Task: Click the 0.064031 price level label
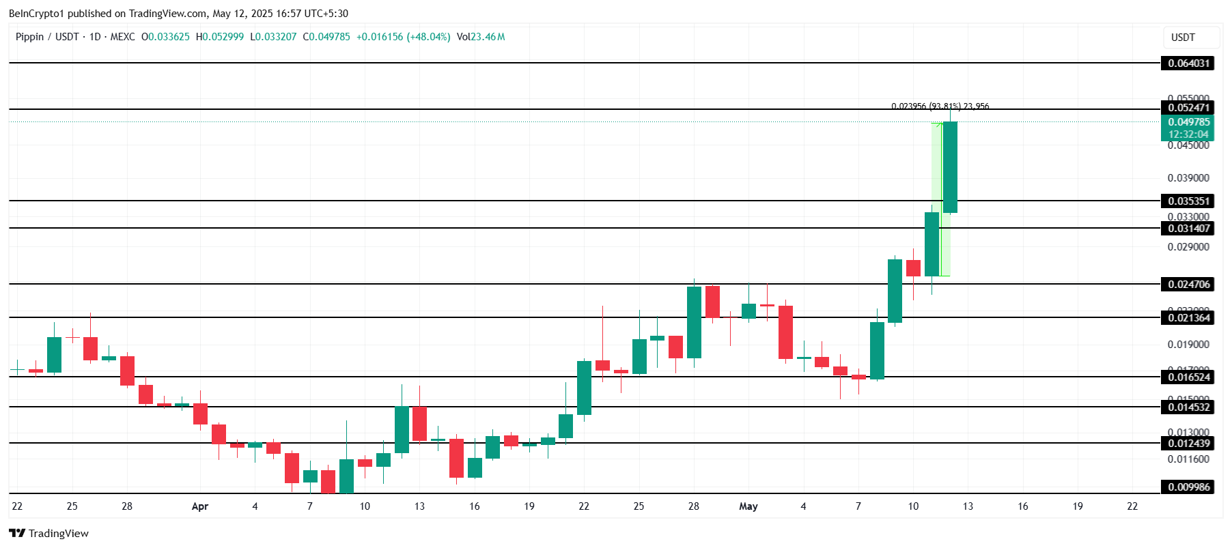[1188, 63]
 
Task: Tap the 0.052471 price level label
[1188, 108]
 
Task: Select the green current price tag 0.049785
[1188, 123]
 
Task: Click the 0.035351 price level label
[1188, 201]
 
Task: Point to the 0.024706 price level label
[1188, 285]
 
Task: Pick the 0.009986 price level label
[1188, 487]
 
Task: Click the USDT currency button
[1183, 38]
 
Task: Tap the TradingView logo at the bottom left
[49, 534]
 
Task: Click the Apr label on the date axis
[200, 506]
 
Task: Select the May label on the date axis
[748, 506]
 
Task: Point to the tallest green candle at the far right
[950, 167]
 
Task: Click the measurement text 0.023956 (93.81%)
[925, 106]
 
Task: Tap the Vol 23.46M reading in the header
[481, 37]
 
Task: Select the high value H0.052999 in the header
[220, 37]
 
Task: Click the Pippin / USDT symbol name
[47, 37]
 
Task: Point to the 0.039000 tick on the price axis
[1188, 178]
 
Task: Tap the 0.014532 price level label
[1188, 407]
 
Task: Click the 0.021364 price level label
[1188, 318]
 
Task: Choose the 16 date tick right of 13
[1022, 506]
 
